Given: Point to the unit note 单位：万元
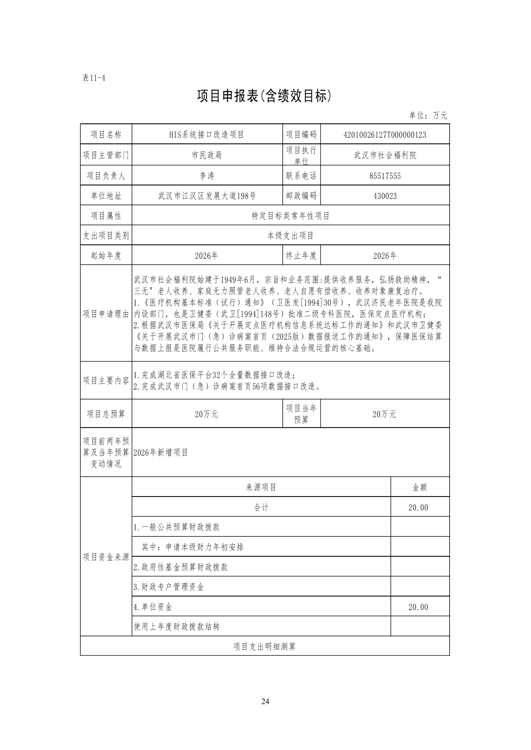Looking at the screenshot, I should click(x=428, y=115).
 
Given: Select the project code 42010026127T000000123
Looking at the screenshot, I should click(x=385, y=135).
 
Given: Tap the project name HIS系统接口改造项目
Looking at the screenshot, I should click(x=207, y=135).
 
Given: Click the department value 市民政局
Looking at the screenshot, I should click(x=207, y=155).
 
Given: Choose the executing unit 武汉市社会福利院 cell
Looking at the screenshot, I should click(x=385, y=155).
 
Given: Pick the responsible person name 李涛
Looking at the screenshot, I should click(x=207, y=176).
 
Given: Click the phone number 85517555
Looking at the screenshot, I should click(x=385, y=176).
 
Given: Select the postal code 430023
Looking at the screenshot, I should click(x=385, y=196).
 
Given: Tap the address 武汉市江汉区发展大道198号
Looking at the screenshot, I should click(x=207, y=196).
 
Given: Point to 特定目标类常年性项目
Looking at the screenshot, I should click(x=290, y=216).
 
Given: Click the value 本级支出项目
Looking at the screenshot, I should click(x=290, y=235).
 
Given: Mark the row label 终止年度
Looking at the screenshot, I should click(x=301, y=255).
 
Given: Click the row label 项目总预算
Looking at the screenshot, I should click(x=106, y=414).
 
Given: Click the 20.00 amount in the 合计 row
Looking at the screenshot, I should click(x=418, y=507).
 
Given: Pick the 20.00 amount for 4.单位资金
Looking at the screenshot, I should click(x=418, y=607).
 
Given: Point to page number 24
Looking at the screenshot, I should click(x=265, y=701).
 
